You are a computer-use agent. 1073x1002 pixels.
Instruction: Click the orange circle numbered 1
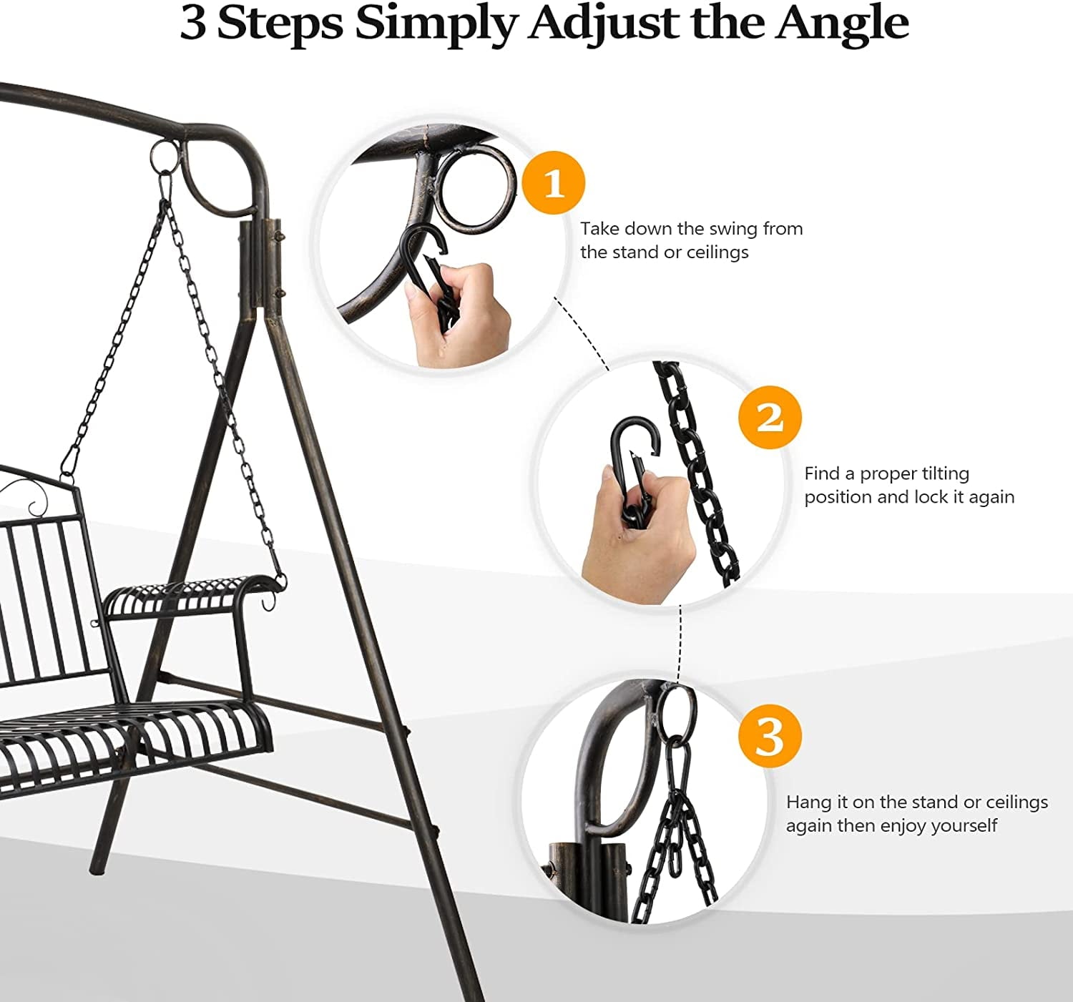[554, 182]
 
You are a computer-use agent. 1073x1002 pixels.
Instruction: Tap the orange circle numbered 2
[770, 417]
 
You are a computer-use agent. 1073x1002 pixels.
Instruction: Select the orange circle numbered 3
[770, 735]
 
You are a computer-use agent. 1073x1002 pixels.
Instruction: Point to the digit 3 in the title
[193, 23]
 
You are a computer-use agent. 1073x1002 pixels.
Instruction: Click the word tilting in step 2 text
[945, 473]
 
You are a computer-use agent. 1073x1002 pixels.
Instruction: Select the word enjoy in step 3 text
[910, 825]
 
